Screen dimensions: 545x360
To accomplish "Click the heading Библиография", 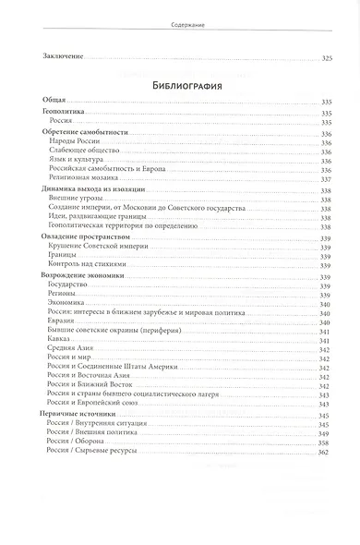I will (x=180, y=87).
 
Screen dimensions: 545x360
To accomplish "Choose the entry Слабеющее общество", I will (x=78, y=150).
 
